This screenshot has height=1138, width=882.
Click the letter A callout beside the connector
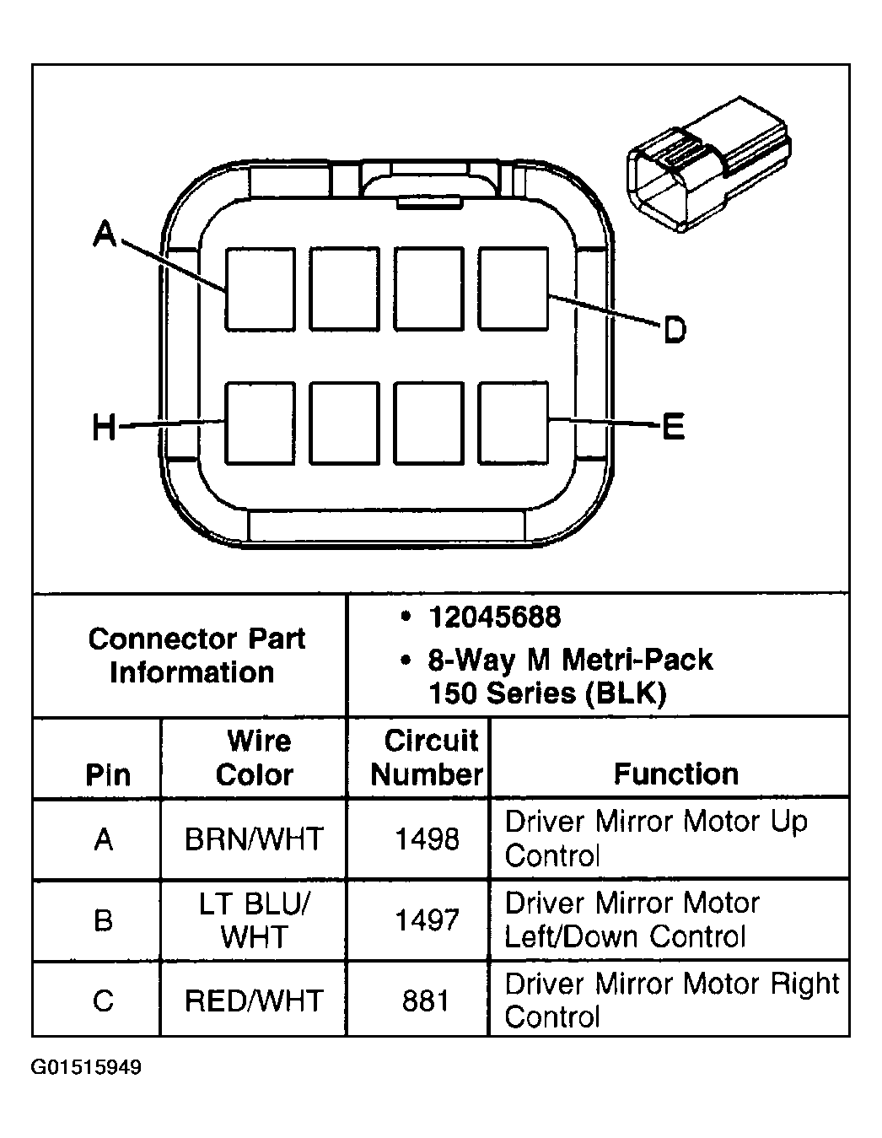(x=105, y=234)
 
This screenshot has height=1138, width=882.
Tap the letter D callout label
(x=674, y=330)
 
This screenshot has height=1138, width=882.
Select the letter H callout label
(x=104, y=428)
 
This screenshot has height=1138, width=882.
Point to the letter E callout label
(x=673, y=427)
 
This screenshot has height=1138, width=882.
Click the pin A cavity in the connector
(x=260, y=289)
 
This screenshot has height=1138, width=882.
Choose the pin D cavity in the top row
(x=514, y=289)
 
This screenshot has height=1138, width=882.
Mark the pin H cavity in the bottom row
(x=260, y=423)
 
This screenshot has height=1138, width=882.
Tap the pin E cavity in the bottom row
(x=514, y=423)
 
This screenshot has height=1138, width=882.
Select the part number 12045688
(x=494, y=618)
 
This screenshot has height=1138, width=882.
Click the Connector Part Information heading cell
(x=196, y=655)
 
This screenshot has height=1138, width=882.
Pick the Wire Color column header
(x=255, y=758)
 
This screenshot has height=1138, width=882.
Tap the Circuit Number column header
(x=427, y=758)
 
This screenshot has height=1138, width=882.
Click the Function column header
(x=675, y=774)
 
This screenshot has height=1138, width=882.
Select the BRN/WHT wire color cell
(x=254, y=839)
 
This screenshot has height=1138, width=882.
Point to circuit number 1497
(x=427, y=920)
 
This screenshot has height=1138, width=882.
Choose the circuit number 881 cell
(x=427, y=1000)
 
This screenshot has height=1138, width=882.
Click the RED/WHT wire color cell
(x=254, y=1000)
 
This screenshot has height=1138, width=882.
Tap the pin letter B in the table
(x=104, y=920)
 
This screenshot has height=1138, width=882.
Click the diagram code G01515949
(x=87, y=1068)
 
